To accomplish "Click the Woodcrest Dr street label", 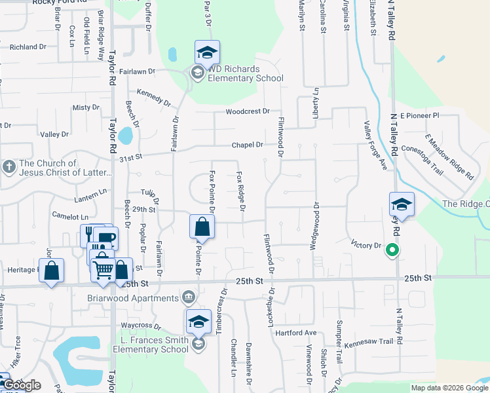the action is point(248,111).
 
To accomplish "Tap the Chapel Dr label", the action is point(248,145).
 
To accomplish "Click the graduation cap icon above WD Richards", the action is point(207,52).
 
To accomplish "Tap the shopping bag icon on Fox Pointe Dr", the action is point(202,228).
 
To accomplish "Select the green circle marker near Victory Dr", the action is point(392,249).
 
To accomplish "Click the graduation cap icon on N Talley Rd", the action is point(401,205).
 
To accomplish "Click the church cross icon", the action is point(9,166).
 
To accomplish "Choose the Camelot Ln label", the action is point(70,217).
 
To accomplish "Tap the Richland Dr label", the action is point(28,47).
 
